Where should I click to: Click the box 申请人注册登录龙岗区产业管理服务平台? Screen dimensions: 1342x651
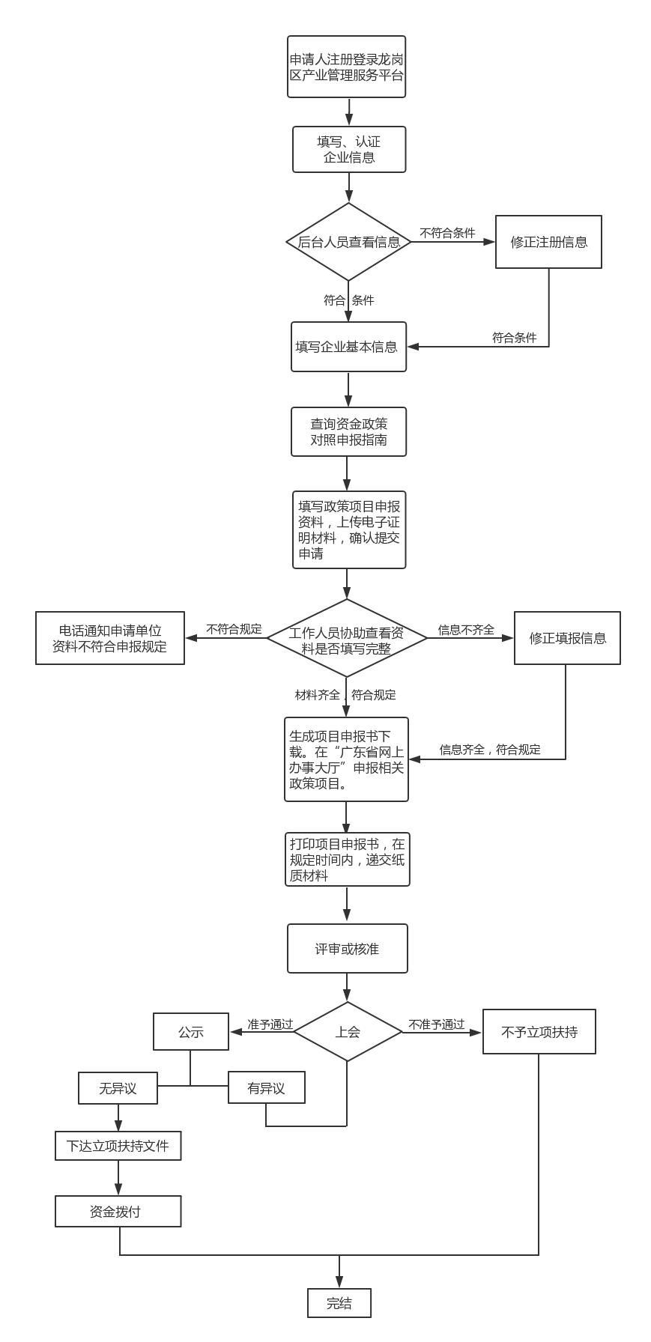[346, 67]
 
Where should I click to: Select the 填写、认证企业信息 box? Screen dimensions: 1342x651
[349, 150]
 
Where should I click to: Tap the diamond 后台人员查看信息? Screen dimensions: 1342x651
[348, 242]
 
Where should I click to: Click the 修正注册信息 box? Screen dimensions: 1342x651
[548, 242]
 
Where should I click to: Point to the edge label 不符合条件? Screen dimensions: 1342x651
[447, 233]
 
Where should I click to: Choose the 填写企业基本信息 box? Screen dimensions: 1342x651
[348, 347]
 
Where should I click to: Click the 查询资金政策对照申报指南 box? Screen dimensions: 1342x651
[348, 431]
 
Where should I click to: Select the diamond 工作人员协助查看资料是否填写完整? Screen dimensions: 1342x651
[347, 638]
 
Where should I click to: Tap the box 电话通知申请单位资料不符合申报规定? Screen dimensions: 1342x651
[110, 638]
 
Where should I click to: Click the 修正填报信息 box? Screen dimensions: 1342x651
[567, 638]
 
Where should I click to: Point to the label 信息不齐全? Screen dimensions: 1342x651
[466, 630]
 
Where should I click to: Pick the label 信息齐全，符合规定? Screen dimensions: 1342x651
[490, 750]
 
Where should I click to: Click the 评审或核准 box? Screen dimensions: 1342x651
[347, 949]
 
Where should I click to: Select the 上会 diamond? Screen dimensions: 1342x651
[348, 1032]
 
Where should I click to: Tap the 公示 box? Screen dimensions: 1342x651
[191, 1032]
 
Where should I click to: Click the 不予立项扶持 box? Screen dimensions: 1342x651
[539, 1032]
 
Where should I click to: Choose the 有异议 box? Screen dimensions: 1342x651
[266, 1088]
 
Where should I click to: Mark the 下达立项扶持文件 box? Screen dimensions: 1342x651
[118, 1146]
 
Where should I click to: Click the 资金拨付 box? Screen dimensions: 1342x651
[118, 1212]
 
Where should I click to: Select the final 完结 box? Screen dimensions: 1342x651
[339, 1303]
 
